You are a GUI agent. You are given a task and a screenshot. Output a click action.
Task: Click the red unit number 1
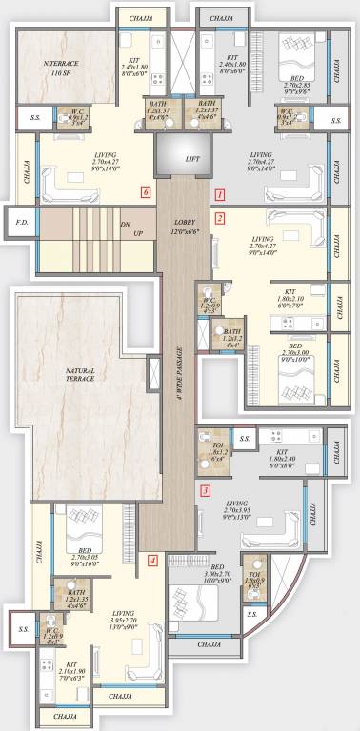tap(220, 194)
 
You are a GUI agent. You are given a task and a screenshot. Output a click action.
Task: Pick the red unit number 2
tap(220, 218)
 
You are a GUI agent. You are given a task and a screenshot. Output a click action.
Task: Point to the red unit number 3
tap(207, 491)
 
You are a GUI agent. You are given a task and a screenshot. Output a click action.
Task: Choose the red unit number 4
tap(152, 562)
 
